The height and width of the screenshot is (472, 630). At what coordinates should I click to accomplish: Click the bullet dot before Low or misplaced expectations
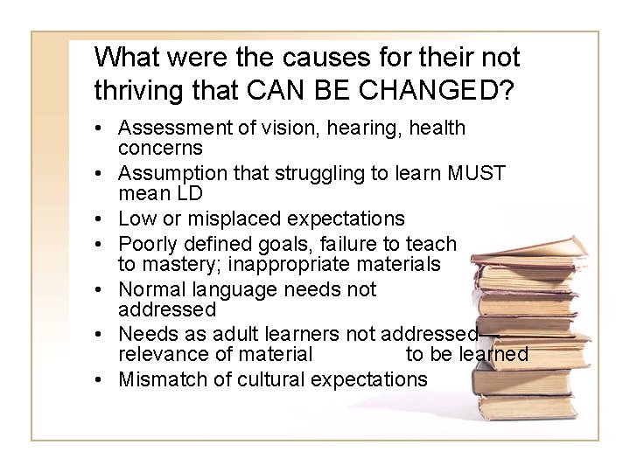coord(104,219)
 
